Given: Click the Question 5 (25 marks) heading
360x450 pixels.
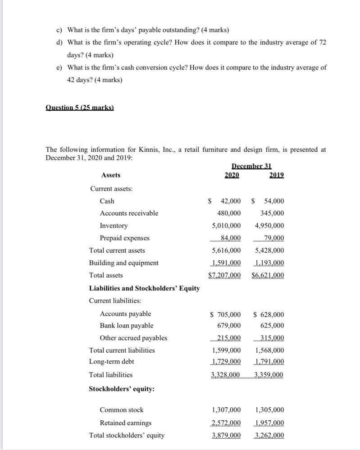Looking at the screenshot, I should click(80, 108).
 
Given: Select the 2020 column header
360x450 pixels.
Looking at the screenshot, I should click(232, 175).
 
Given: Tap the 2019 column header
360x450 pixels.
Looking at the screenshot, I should click(277, 175).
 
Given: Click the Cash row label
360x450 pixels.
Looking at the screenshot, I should click(107, 201).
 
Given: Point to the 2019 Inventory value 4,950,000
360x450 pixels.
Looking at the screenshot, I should click(269, 226).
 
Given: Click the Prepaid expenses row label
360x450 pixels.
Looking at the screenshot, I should click(124, 238).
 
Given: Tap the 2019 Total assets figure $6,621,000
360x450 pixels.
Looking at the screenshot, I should click(268, 275).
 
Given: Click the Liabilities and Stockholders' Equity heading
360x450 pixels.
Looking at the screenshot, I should click(144, 288).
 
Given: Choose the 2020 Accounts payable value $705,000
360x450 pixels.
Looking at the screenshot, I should click(226, 314).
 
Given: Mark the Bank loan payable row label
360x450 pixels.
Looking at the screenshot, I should click(126, 326).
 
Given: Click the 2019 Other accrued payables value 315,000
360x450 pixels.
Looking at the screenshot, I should click(272, 338).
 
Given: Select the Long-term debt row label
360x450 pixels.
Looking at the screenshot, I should click(111, 362).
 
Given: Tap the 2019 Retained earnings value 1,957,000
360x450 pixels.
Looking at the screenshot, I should click(269, 423).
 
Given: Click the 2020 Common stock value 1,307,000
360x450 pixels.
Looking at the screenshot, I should click(226, 410).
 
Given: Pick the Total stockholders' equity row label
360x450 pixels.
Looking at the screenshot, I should click(127, 436).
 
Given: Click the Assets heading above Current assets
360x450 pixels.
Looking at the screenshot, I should click(111, 175).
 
